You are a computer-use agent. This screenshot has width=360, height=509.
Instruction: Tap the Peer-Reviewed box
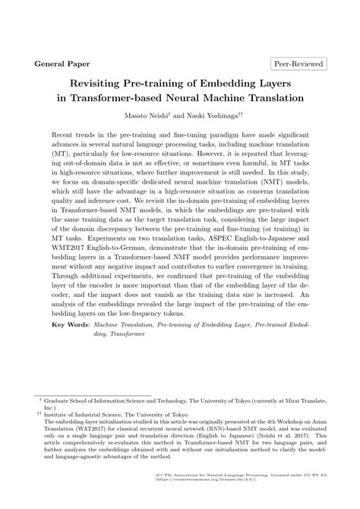point(297,65)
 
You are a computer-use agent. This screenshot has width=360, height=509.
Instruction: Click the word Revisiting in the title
point(104,84)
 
